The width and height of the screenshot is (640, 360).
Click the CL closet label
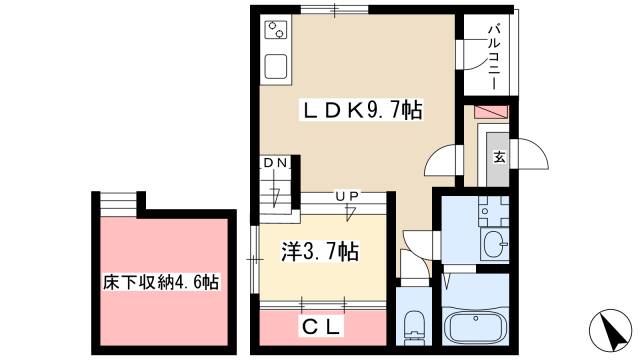pos(323,326)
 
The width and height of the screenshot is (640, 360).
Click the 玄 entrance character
pos(498,156)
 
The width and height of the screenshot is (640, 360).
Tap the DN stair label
pos(275,163)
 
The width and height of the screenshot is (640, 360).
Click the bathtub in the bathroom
pos(478,327)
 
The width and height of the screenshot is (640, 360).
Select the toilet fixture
pos(414,324)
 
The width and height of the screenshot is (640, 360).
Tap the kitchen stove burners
pos(276,31)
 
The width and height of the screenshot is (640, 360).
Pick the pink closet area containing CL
pos(322,326)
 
